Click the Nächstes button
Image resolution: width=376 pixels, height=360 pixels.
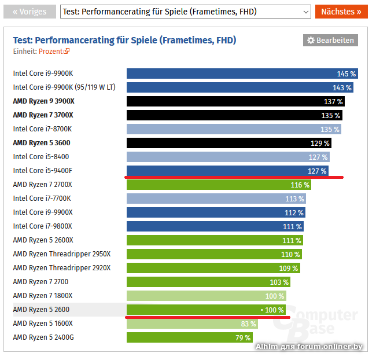point(341,12)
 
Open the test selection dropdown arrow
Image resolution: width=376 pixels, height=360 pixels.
point(306,12)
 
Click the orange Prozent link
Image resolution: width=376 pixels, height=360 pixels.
point(54,51)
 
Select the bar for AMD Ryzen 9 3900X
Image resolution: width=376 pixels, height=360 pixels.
point(236,101)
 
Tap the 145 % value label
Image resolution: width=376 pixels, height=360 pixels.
point(346,74)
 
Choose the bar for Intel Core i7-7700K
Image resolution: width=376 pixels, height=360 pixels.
point(216,199)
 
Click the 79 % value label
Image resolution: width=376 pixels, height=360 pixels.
point(242,337)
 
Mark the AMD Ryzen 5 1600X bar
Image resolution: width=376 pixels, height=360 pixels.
point(192,324)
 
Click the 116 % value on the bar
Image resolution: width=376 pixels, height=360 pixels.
point(300,185)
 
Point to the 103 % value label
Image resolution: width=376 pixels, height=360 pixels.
point(278,282)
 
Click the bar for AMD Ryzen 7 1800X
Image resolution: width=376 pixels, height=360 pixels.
point(207,296)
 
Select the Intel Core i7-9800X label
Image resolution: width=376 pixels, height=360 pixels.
point(43,226)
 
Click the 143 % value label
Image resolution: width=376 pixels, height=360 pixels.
point(341,87)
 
